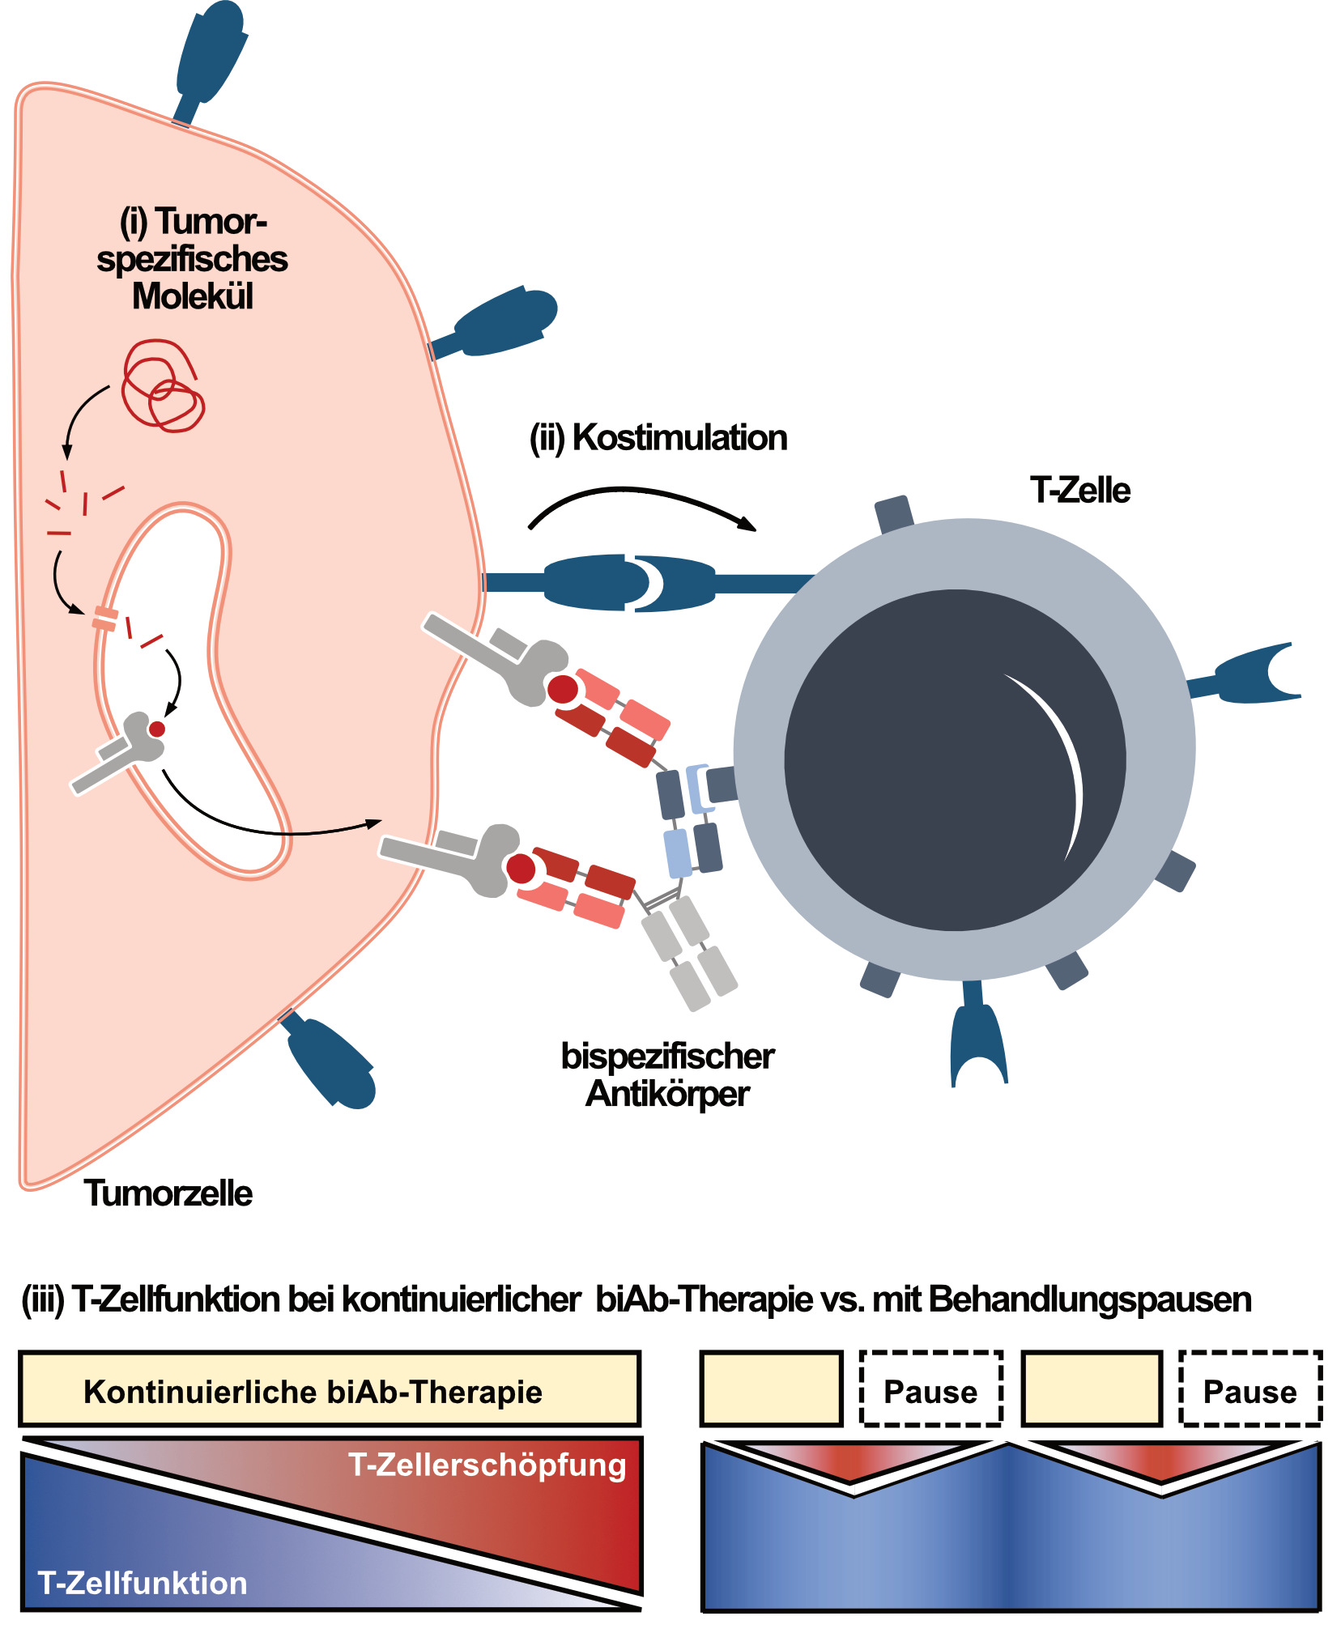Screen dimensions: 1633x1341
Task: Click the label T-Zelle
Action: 1079,491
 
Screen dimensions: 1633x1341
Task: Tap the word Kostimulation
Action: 679,438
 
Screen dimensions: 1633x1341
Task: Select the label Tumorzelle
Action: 168,1193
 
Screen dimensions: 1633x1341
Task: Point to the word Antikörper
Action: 667,1094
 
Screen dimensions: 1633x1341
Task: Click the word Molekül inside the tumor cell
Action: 193,296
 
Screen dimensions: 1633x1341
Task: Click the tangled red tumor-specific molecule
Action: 163,387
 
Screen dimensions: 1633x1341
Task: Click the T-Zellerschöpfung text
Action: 487,1465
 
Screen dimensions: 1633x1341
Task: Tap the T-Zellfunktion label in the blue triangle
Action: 143,1583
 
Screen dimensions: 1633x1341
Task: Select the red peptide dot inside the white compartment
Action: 157,729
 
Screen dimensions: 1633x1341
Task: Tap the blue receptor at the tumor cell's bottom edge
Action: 332,1062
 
